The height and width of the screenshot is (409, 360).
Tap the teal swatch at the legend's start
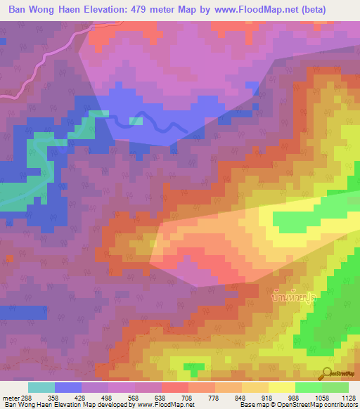tap(41, 387)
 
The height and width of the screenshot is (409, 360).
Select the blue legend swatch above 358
tap(68, 387)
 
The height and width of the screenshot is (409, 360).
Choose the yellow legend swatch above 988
tap(281, 387)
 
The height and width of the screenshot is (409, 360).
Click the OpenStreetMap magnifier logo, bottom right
tap(328, 373)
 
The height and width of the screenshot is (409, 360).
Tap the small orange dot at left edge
tap(11, 259)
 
